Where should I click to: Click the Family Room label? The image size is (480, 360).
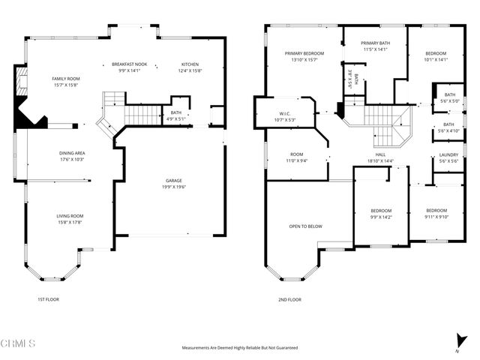66,79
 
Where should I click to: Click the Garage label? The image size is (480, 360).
175,181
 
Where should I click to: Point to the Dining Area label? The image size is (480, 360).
72,153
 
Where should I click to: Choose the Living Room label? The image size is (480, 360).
69,217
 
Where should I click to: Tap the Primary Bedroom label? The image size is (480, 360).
304,54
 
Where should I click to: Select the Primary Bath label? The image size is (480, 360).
375,43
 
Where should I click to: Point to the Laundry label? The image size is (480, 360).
448,155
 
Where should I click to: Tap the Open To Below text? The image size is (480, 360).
305,226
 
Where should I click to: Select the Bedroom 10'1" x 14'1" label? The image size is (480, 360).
436,54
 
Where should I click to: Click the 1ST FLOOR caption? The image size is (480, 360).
48,299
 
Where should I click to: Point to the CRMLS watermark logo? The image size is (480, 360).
19,343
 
